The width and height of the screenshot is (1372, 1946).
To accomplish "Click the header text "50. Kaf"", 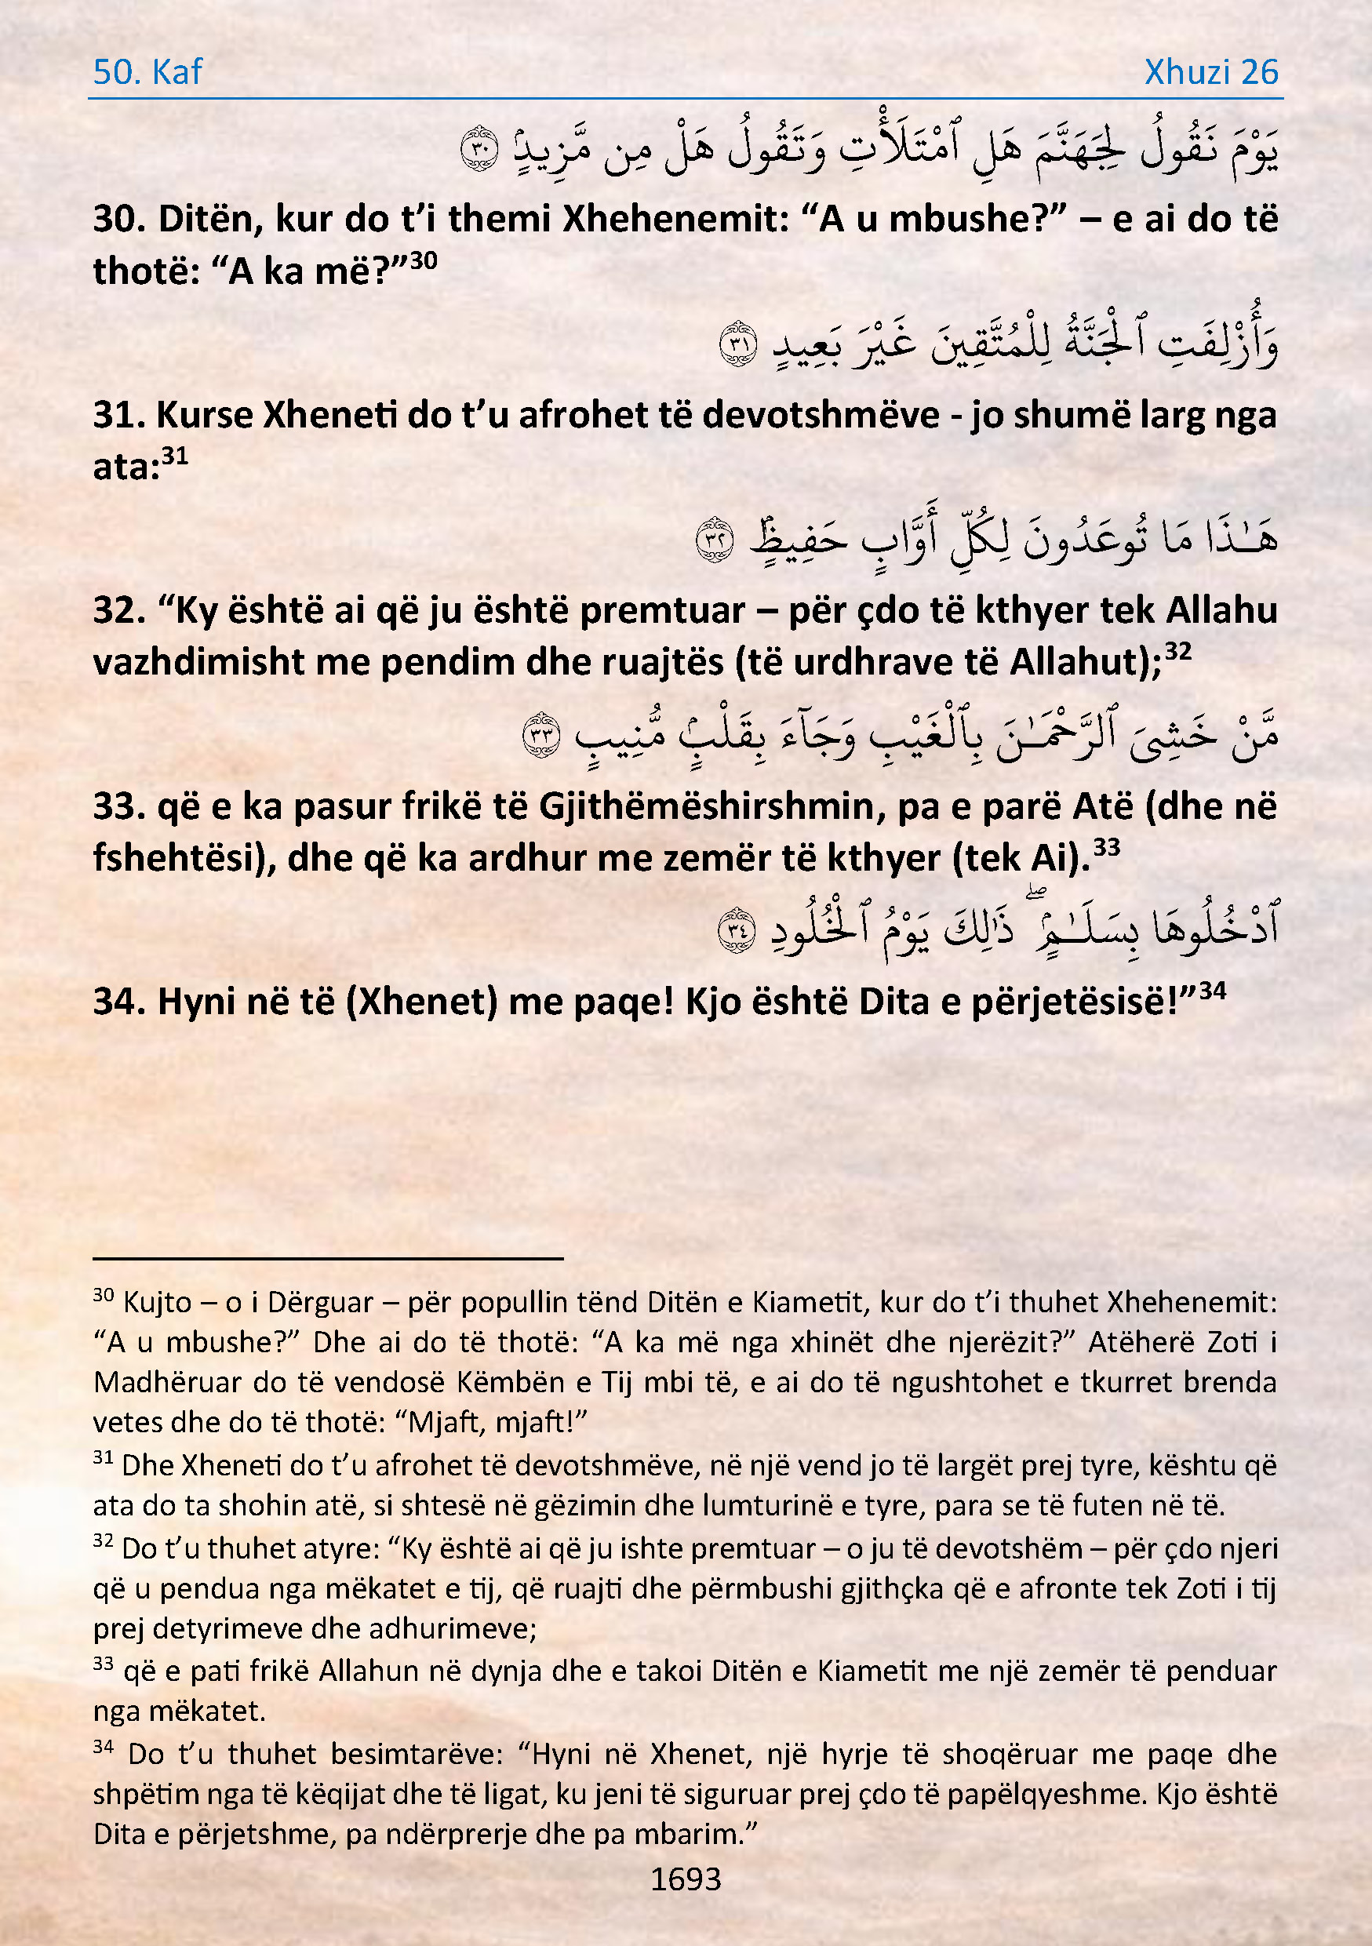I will click(147, 73).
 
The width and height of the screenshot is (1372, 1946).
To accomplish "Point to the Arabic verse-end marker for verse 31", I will click(738, 344).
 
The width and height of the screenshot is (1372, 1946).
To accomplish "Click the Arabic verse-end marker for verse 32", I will click(715, 539).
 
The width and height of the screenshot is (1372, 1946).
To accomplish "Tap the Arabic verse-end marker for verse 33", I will click(541, 735).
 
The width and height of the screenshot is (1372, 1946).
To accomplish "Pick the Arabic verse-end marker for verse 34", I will click(736, 929).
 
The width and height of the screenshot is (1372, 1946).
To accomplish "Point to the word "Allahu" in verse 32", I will click(1221, 611).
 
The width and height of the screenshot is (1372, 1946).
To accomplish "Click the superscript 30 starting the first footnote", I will click(104, 1295).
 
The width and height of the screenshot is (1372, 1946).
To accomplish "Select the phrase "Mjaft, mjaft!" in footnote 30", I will click(497, 1421).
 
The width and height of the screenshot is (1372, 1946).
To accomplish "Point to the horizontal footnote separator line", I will click(328, 1259).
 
